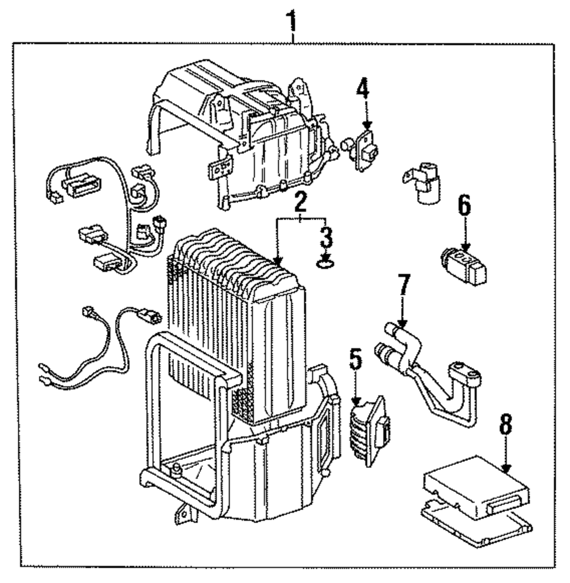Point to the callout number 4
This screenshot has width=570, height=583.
point(363,90)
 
